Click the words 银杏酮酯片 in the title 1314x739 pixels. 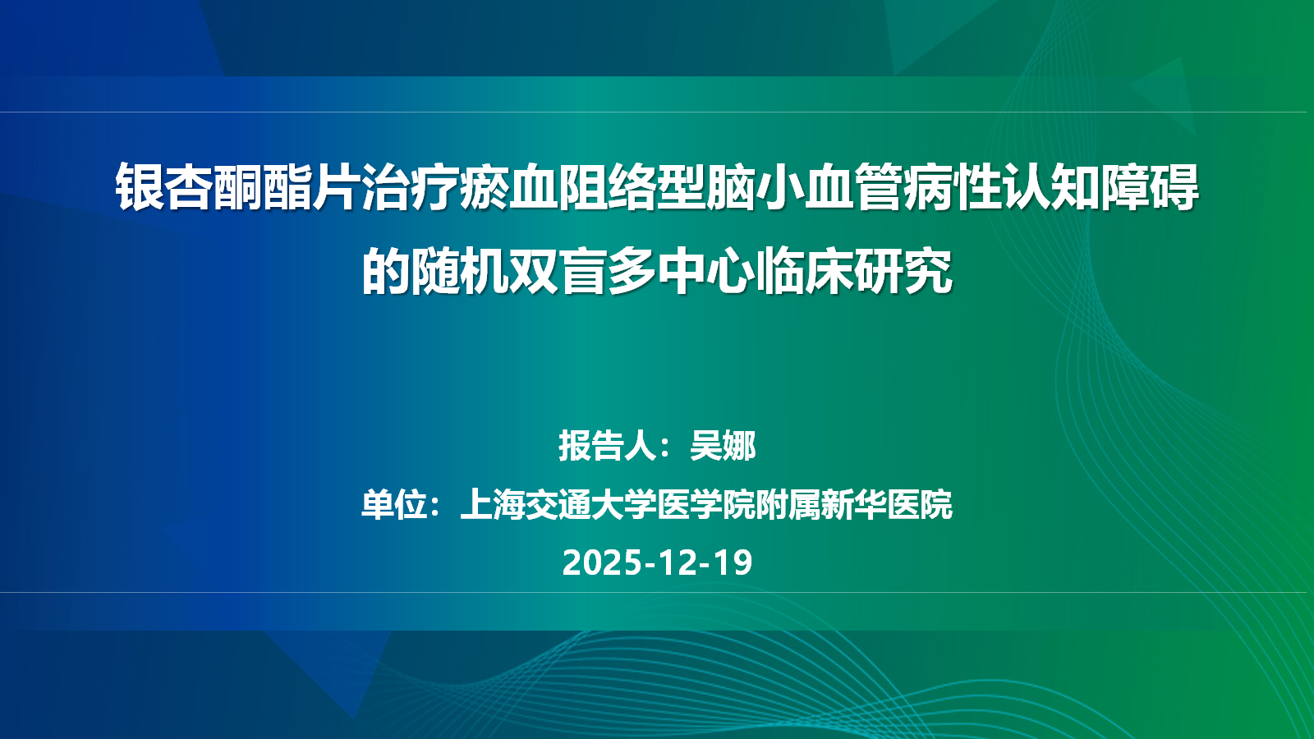point(237,187)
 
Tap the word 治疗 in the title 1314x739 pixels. point(410,187)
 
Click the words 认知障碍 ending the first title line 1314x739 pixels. point(1100,187)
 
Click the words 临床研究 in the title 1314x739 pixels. point(854,271)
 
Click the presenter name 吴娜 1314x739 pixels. point(723,446)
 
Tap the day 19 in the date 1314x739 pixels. point(733,562)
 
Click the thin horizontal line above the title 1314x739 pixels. point(657,112)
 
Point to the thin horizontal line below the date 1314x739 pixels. point(657,592)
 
